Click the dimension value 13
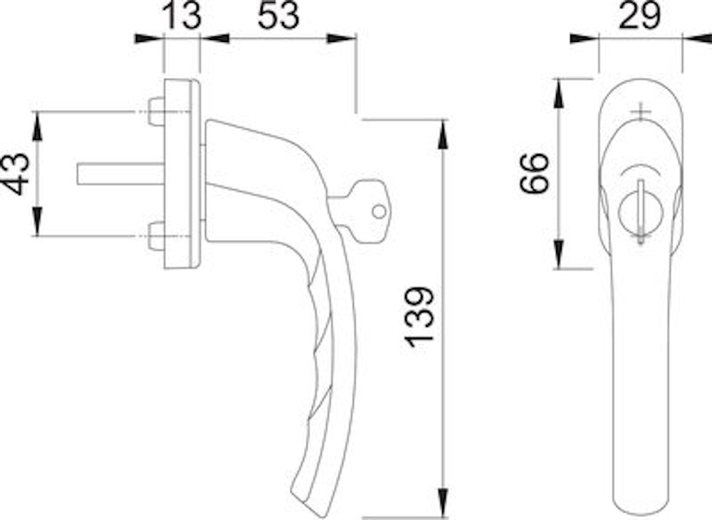tap(181, 16)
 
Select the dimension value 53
tap(278, 16)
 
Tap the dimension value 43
tap(16, 174)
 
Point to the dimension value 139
tap(420, 316)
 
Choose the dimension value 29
tap(640, 16)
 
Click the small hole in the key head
tap(379, 211)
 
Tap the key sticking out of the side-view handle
tap(359, 212)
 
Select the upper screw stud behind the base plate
tap(156, 112)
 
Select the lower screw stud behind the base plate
tap(156, 236)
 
